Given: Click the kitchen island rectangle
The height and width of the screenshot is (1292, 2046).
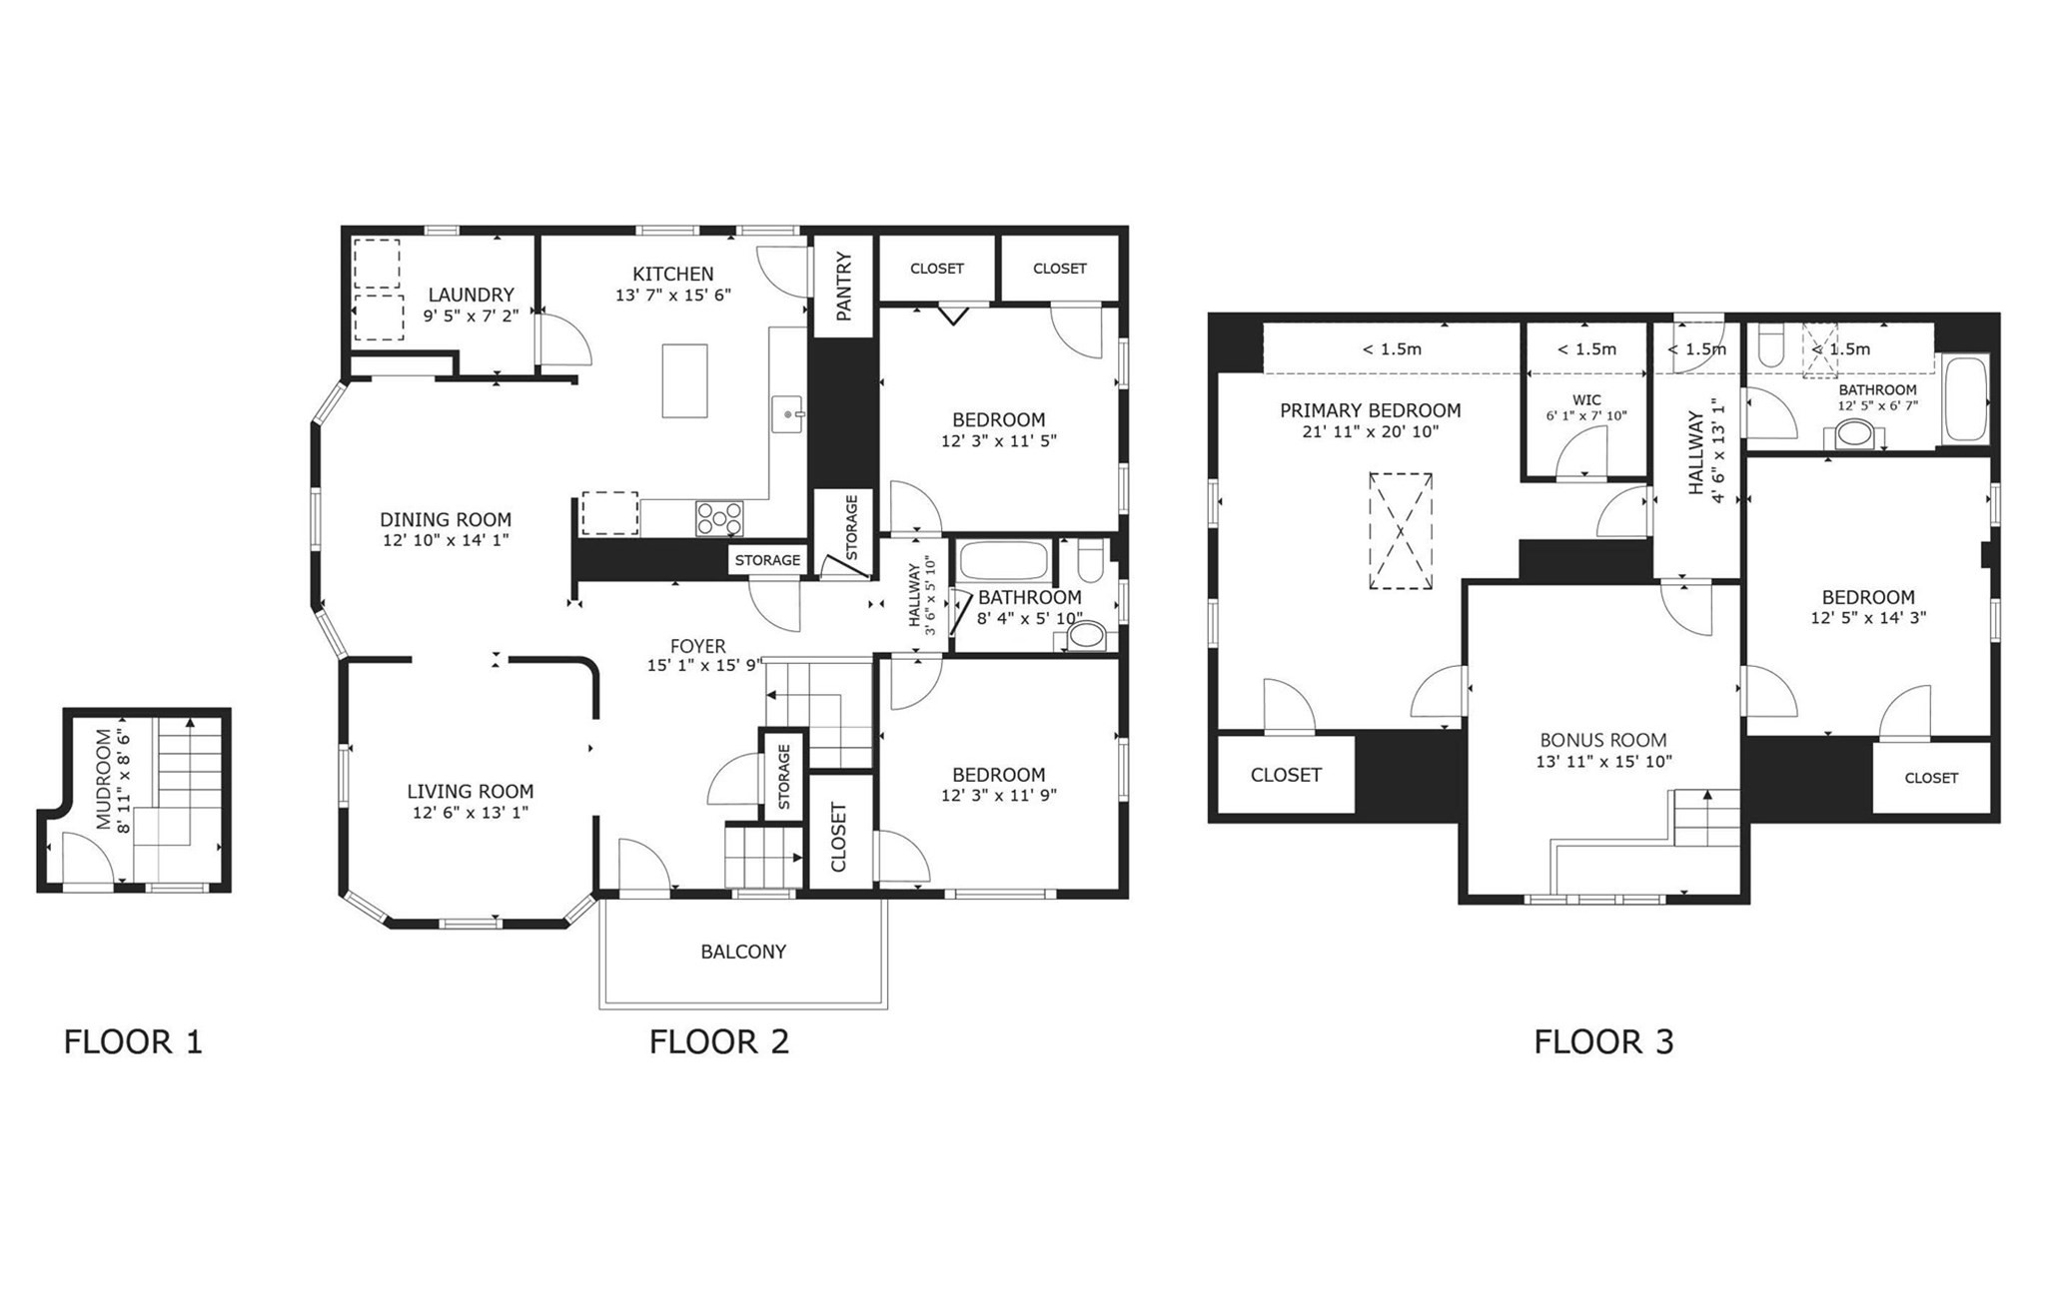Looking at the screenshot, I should pos(684,380).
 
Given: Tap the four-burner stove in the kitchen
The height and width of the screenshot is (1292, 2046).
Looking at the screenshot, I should pos(719,518).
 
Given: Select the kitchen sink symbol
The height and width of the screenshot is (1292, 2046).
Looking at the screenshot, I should pos(787,413).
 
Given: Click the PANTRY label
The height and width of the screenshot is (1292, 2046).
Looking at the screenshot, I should pos(844,287).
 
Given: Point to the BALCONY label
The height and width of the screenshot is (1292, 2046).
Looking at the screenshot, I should pos(742,952).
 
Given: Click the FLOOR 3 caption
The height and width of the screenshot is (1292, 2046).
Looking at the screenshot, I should pos(1602,1042).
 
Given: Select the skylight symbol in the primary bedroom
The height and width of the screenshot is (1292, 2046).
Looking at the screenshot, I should pos(1400,531).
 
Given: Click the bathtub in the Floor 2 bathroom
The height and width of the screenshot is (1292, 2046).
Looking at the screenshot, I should pos(1003,562).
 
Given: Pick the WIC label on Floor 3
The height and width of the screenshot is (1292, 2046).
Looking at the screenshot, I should pos(1585,399).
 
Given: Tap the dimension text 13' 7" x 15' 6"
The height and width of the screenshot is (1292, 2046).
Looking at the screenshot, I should pos(673,296).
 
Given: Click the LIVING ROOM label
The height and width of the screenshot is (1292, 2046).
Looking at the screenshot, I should pos(470,792).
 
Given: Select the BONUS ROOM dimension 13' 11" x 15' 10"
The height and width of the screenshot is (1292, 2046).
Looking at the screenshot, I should pos(1603,762).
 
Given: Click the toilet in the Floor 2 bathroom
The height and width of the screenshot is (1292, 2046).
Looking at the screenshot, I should pos(1090,561).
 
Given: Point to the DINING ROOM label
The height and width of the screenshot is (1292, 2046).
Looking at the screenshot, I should pos(445,519).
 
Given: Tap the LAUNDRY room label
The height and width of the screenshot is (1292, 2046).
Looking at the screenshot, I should pos(471,295).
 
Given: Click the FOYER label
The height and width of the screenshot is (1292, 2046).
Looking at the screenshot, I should pos(697,646).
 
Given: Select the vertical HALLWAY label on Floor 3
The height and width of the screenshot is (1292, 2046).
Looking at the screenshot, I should pos(1696,452).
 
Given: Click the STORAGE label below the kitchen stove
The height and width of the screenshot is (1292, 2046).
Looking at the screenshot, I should pos(767,560).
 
